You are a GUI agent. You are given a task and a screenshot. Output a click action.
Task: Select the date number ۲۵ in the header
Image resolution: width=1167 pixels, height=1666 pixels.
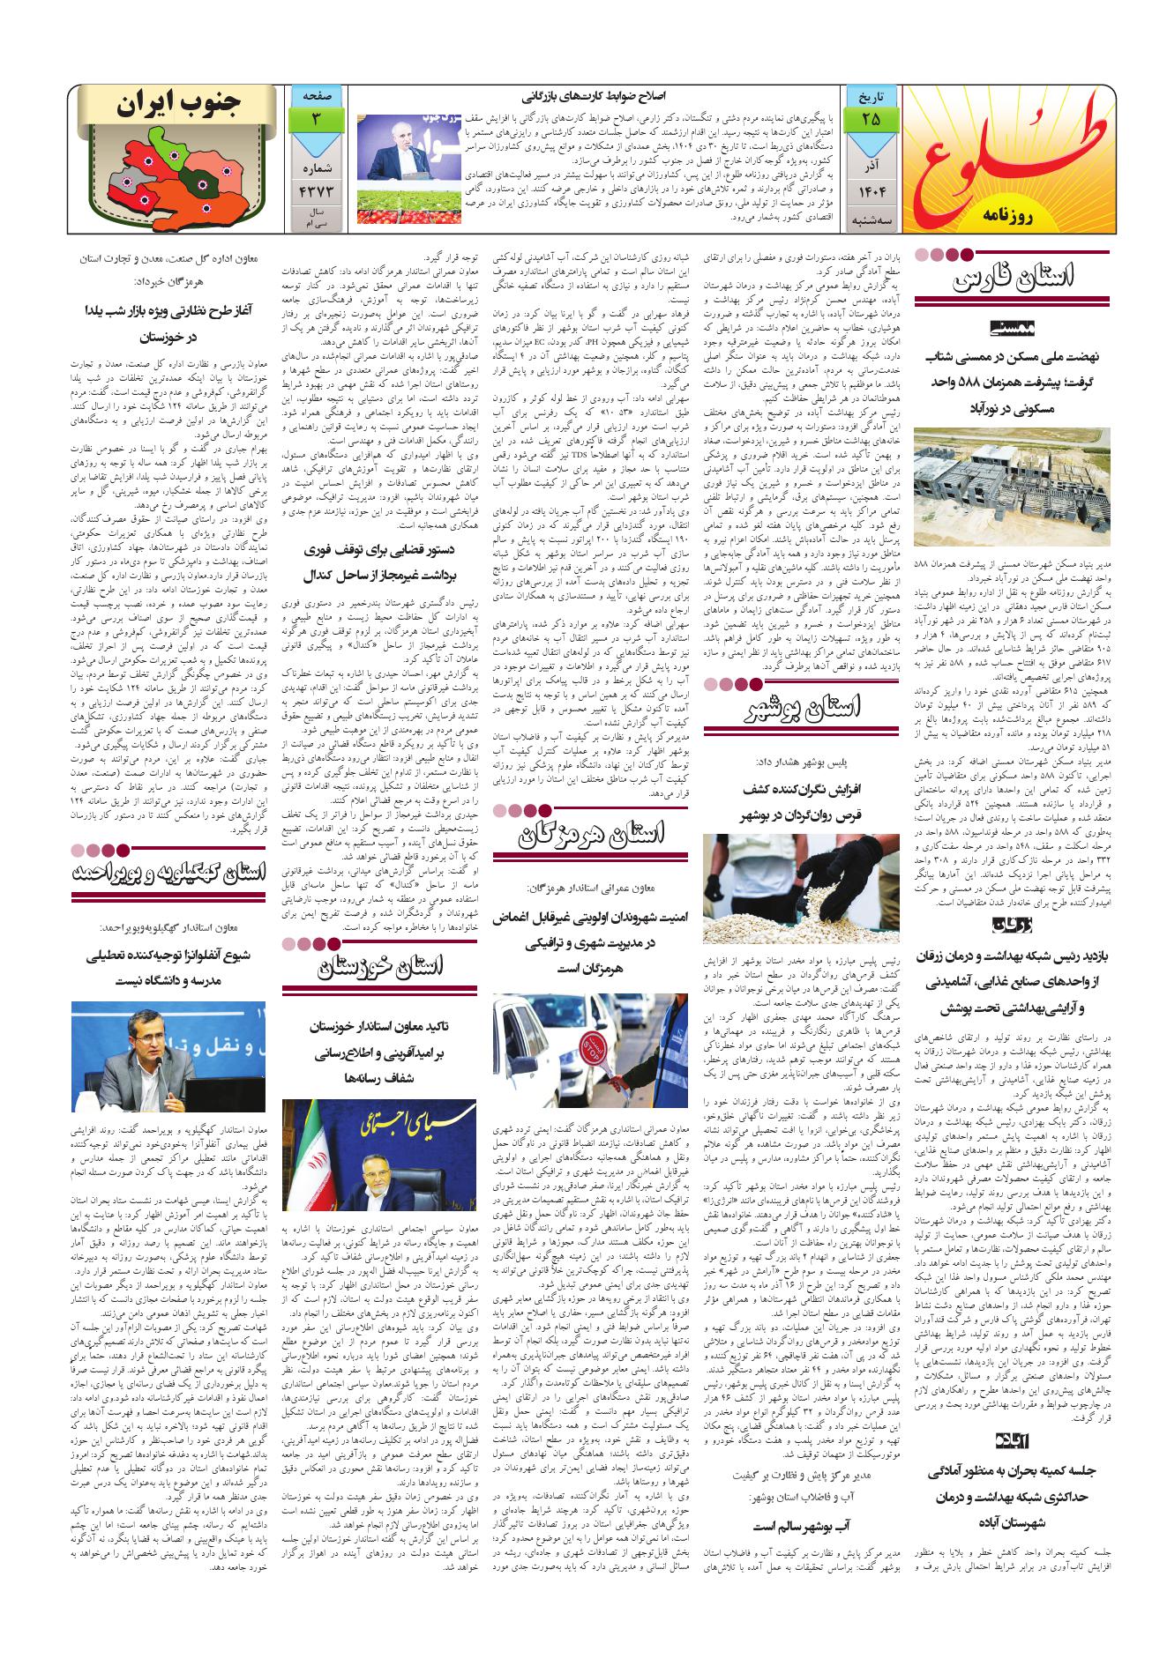870,117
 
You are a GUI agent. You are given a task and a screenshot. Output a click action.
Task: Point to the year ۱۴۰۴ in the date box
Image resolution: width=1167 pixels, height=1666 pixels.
870,190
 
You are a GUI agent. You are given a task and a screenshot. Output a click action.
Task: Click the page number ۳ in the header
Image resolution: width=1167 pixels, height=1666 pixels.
315,117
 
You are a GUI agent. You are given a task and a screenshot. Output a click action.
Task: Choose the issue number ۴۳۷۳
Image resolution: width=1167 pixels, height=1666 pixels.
315,190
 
